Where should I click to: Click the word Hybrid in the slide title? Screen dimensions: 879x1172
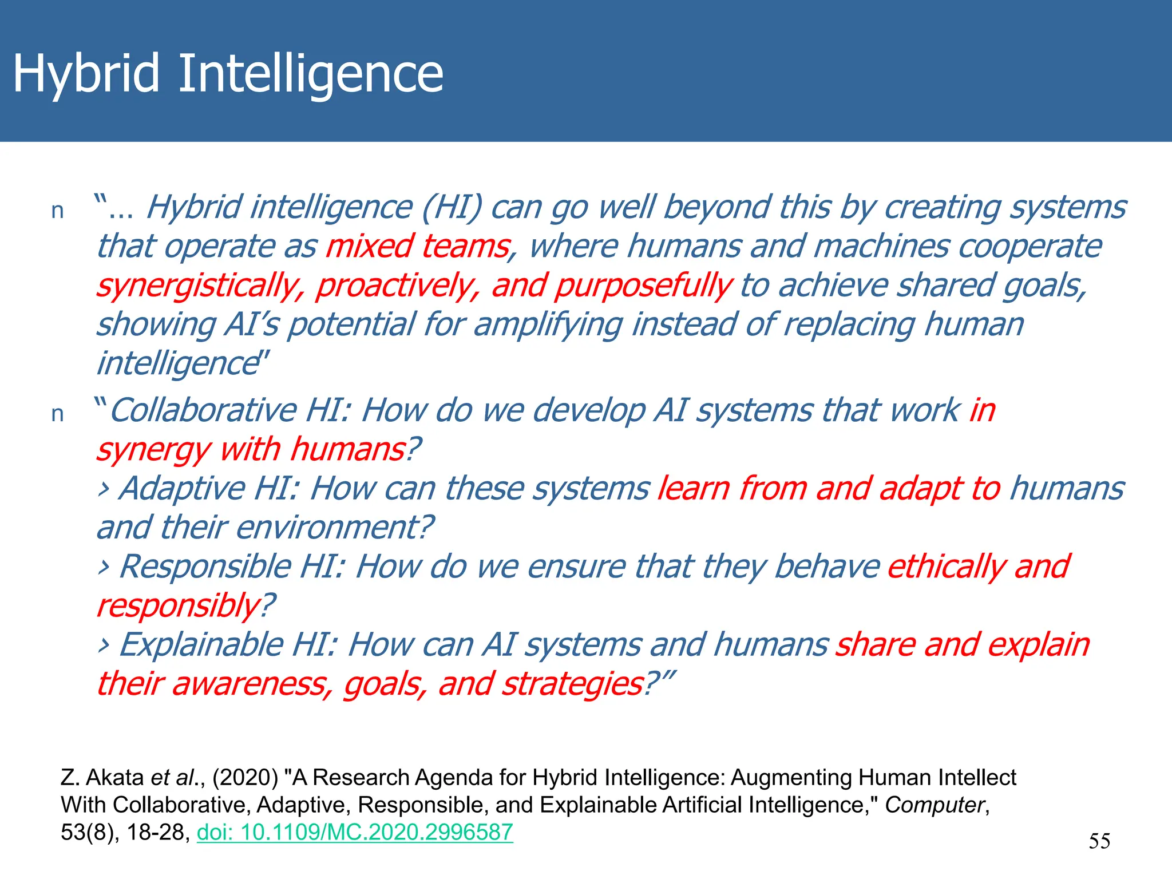86,74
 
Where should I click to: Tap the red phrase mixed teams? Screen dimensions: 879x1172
418,247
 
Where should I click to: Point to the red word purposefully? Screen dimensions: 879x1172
643,286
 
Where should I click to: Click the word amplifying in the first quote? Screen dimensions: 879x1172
548,325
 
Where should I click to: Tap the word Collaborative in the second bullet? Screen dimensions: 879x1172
204,411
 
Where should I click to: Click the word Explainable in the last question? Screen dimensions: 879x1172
201,646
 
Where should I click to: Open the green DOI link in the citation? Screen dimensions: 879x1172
355,832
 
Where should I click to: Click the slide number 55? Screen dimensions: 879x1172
1099,841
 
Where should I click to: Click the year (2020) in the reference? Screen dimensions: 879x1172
245,778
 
